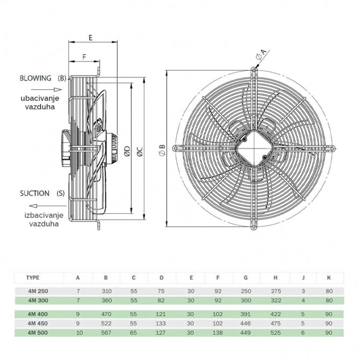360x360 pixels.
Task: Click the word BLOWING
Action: [x=36, y=78]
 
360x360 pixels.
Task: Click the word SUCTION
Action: [x=35, y=193]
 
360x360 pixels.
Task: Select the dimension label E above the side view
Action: [x=90, y=38]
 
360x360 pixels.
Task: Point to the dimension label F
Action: [x=84, y=57]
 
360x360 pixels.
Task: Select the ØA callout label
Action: [x=261, y=54]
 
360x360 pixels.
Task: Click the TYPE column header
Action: [x=33, y=278]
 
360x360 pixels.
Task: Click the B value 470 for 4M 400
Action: [x=106, y=313]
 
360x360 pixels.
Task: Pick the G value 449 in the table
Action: [x=246, y=333]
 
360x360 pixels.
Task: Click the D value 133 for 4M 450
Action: [x=162, y=323]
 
